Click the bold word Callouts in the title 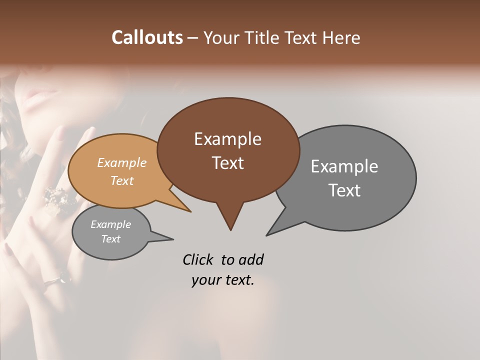click(147, 37)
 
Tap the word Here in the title click(342, 38)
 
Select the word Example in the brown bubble click(227, 139)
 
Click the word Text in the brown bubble click(227, 163)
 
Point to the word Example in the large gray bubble click(344, 166)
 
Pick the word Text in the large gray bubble click(344, 190)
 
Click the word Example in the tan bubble click(121, 163)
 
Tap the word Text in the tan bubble click(121, 180)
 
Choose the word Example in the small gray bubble click(110, 224)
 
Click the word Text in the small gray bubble click(110, 239)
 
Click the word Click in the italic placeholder click(198, 259)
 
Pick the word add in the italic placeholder click(251, 259)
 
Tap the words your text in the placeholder click(223, 280)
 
